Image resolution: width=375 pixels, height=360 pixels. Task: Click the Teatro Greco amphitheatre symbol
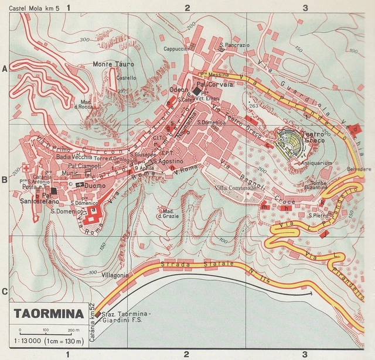pyautogui.click(x=289, y=142)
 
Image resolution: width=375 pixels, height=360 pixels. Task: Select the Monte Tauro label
pyautogui.click(x=113, y=64)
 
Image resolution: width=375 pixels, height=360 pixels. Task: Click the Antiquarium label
pyautogui.click(x=319, y=163)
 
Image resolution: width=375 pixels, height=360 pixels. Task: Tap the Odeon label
pyautogui.click(x=179, y=89)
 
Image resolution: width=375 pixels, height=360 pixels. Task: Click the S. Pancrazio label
pyautogui.click(x=234, y=45)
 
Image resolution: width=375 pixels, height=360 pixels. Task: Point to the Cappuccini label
pyautogui.click(x=176, y=49)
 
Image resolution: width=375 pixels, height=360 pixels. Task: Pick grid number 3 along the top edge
pyautogui.click(x=305, y=8)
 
